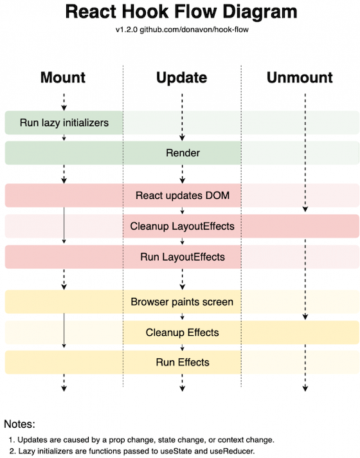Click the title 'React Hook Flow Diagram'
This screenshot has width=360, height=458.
182,12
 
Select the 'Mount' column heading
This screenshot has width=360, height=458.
63,78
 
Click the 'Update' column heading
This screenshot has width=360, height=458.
182,78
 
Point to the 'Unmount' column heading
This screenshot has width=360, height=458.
300,78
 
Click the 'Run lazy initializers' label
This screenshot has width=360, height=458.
63,122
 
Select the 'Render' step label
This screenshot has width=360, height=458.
183,153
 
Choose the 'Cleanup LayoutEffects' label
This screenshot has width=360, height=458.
182,226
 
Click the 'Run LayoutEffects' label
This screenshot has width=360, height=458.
183,257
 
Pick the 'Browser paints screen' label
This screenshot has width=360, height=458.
182,301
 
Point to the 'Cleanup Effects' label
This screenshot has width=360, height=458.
183,333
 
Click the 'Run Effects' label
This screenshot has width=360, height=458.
183,362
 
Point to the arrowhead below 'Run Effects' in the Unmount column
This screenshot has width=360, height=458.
305,388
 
